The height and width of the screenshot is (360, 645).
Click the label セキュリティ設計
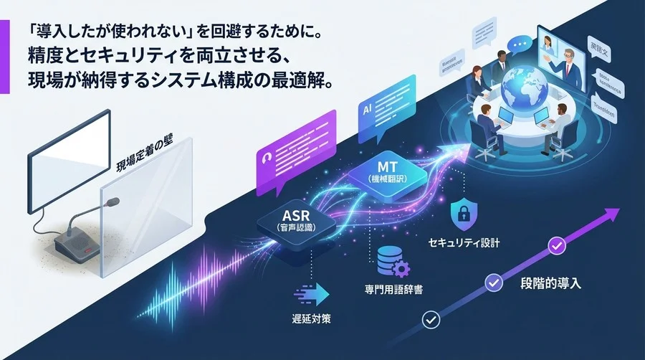(x=464, y=243)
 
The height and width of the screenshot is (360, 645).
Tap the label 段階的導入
(x=550, y=283)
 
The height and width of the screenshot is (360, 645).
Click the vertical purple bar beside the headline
(x=5, y=57)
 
